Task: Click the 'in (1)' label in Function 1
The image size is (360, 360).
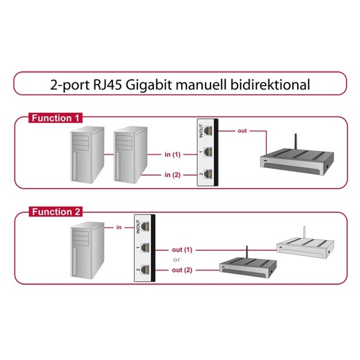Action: pyautogui.click(x=172, y=154)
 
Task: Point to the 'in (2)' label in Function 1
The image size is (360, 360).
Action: pyautogui.click(x=172, y=175)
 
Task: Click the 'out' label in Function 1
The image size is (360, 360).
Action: pyautogui.click(x=242, y=131)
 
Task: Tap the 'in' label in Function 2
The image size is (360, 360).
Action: pyautogui.click(x=119, y=226)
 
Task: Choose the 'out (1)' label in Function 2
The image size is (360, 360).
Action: pyautogui.click(x=182, y=250)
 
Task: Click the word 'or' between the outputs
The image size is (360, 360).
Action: pyautogui.click(x=177, y=260)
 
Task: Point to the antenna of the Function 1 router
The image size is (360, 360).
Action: pyautogui.click(x=295, y=141)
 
